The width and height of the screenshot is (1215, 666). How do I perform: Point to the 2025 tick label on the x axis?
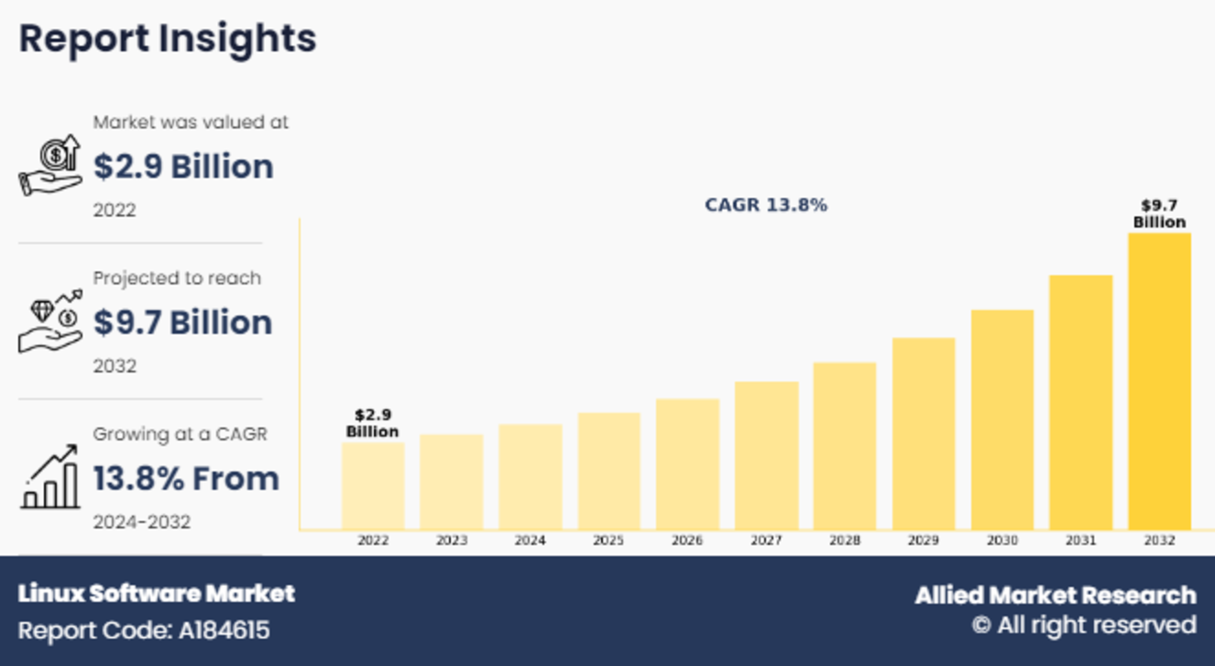tap(609, 540)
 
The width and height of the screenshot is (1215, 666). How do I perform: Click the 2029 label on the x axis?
tap(923, 540)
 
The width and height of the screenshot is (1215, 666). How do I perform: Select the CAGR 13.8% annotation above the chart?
tap(766, 205)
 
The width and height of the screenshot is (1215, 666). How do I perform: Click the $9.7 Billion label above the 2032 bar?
tap(1159, 213)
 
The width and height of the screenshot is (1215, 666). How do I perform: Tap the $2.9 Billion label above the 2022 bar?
tap(373, 423)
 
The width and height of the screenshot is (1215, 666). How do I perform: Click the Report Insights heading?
tap(167, 38)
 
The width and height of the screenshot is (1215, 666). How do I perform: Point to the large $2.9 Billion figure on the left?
tap(183, 166)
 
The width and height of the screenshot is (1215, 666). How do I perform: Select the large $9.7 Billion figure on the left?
tap(183, 322)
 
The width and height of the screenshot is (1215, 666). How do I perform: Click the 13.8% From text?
tap(186, 478)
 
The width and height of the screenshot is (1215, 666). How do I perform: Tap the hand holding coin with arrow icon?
tap(51, 165)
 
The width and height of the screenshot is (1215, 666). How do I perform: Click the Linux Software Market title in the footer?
tap(156, 594)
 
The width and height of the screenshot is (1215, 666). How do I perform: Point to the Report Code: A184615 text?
tap(144, 630)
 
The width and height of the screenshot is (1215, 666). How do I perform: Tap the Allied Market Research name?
tap(1055, 595)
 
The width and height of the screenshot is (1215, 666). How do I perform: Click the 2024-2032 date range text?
tap(142, 522)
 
